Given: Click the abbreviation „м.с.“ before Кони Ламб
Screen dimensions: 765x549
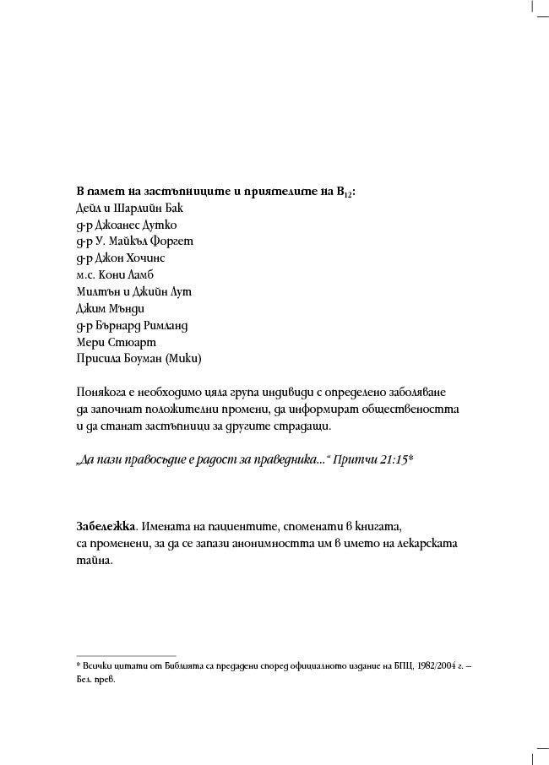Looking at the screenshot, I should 85,274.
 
